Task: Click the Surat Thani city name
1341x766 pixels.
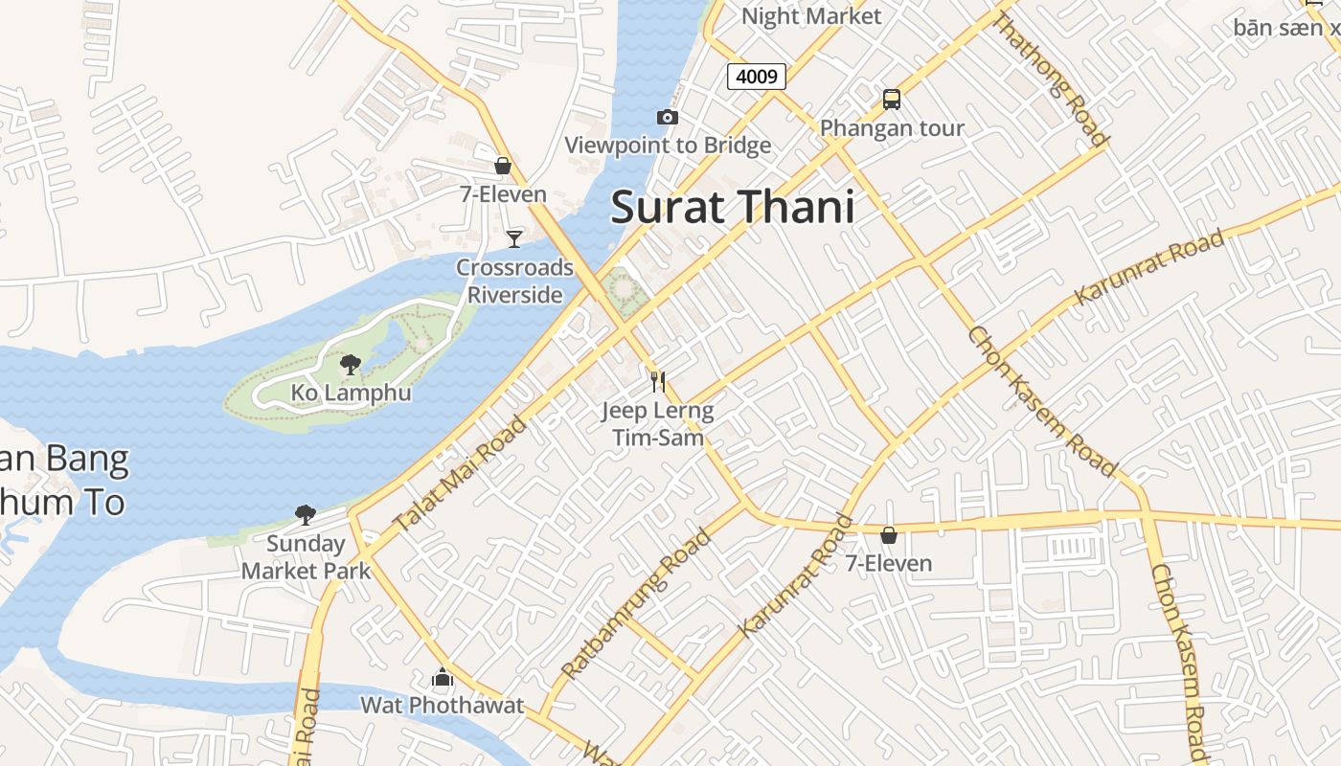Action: click(732, 207)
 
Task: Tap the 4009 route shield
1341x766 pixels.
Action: click(757, 76)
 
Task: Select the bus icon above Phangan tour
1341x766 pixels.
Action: click(892, 100)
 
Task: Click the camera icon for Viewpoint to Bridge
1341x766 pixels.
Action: click(668, 117)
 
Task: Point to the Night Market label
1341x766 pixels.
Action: click(810, 16)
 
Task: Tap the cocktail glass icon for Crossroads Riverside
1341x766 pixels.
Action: click(514, 238)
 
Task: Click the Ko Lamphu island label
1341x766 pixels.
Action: click(351, 393)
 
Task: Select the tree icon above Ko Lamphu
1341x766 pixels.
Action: click(351, 364)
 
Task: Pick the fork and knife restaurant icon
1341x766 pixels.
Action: click(657, 382)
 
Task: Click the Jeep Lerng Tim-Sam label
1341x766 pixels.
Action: click(657, 424)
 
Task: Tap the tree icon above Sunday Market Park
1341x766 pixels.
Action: click(306, 515)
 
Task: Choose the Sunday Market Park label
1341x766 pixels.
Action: click(306, 557)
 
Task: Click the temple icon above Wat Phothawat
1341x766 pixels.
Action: click(442, 678)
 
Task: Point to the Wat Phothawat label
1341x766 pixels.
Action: click(442, 706)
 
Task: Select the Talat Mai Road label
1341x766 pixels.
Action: click(461, 474)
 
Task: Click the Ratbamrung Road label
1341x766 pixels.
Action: click(636, 603)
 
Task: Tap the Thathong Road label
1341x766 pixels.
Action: click(1051, 80)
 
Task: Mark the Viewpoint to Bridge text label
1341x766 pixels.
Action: click(668, 146)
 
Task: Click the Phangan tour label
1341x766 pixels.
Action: click(892, 128)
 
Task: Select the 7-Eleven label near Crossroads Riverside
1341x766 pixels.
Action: click(503, 194)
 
